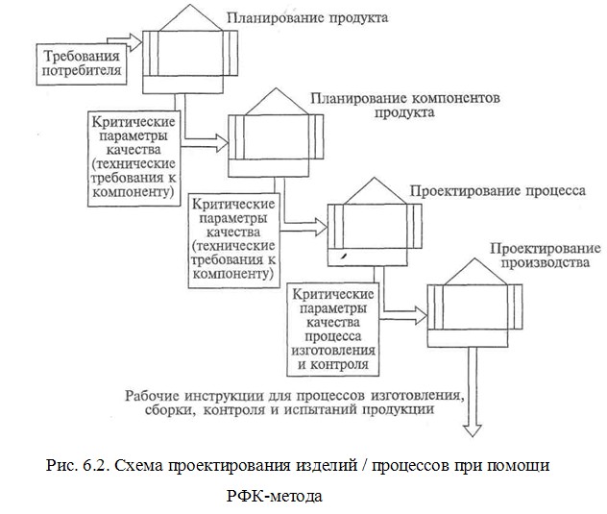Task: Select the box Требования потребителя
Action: pos(69,61)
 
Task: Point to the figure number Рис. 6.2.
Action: pos(80,465)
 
